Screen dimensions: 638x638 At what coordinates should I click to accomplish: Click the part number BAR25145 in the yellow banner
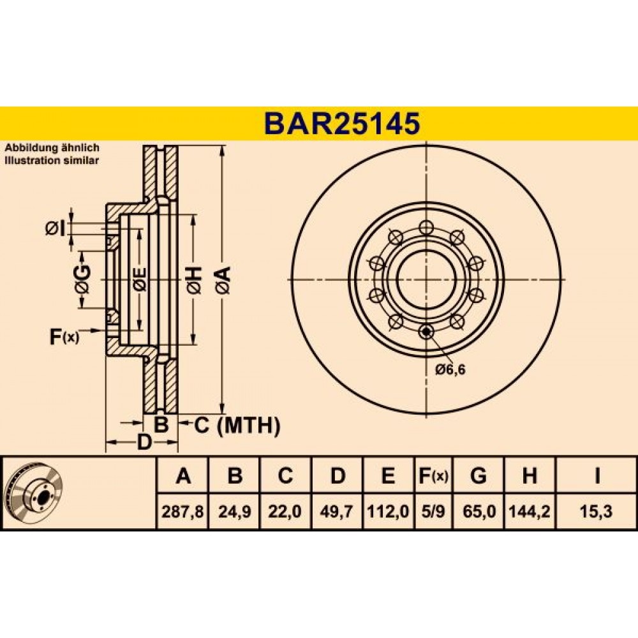(x=342, y=124)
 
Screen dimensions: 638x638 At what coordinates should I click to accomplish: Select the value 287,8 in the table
(x=182, y=511)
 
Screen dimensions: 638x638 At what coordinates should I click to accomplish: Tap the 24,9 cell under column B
(x=234, y=511)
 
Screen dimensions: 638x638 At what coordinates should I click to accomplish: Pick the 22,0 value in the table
(x=285, y=511)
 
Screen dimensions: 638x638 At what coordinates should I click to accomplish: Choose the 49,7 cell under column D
(x=336, y=511)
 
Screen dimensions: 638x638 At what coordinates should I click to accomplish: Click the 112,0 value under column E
(x=388, y=511)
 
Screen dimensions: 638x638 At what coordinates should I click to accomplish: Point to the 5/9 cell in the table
(x=433, y=511)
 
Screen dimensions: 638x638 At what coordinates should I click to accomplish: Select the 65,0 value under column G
(x=479, y=511)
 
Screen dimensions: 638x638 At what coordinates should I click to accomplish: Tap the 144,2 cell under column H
(x=530, y=511)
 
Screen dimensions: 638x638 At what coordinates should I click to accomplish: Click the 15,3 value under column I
(x=597, y=511)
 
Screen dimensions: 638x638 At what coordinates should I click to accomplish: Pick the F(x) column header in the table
(x=433, y=475)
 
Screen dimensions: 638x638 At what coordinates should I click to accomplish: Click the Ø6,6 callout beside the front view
(x=450, y=369)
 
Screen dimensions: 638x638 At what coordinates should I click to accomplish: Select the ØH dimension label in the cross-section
(x=194, y=280)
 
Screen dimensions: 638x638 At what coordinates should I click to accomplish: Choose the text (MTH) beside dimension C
(x=249, y=426)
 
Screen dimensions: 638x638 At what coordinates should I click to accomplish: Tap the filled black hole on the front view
(x=426, y=331)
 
